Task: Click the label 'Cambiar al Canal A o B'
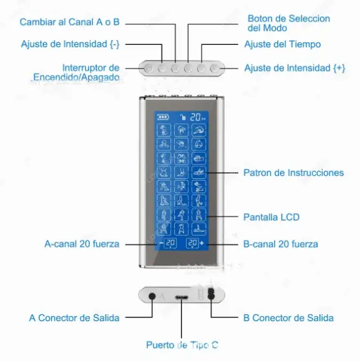point(69,22)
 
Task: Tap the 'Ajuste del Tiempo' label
point(283,44)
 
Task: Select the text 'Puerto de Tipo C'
point(182,345)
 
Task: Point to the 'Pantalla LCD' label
point(271,217)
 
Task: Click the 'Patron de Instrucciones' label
point(294,173)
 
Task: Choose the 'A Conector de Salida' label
point(74,318)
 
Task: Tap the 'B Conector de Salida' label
point(288,318)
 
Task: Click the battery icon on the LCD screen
point(163,117)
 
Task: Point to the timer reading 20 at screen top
point(195,117)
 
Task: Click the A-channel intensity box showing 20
point(170,244)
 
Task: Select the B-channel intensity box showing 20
point(192,244)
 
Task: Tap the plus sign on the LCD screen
point(202,243)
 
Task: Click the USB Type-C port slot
point(182,297)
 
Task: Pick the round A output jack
point(152,296)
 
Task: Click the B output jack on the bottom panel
point(211,294)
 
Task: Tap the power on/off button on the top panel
point(148,69)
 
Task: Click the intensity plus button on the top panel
point(214,69)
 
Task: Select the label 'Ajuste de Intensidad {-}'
point(71,44)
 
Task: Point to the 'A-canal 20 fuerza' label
point(82,244)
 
